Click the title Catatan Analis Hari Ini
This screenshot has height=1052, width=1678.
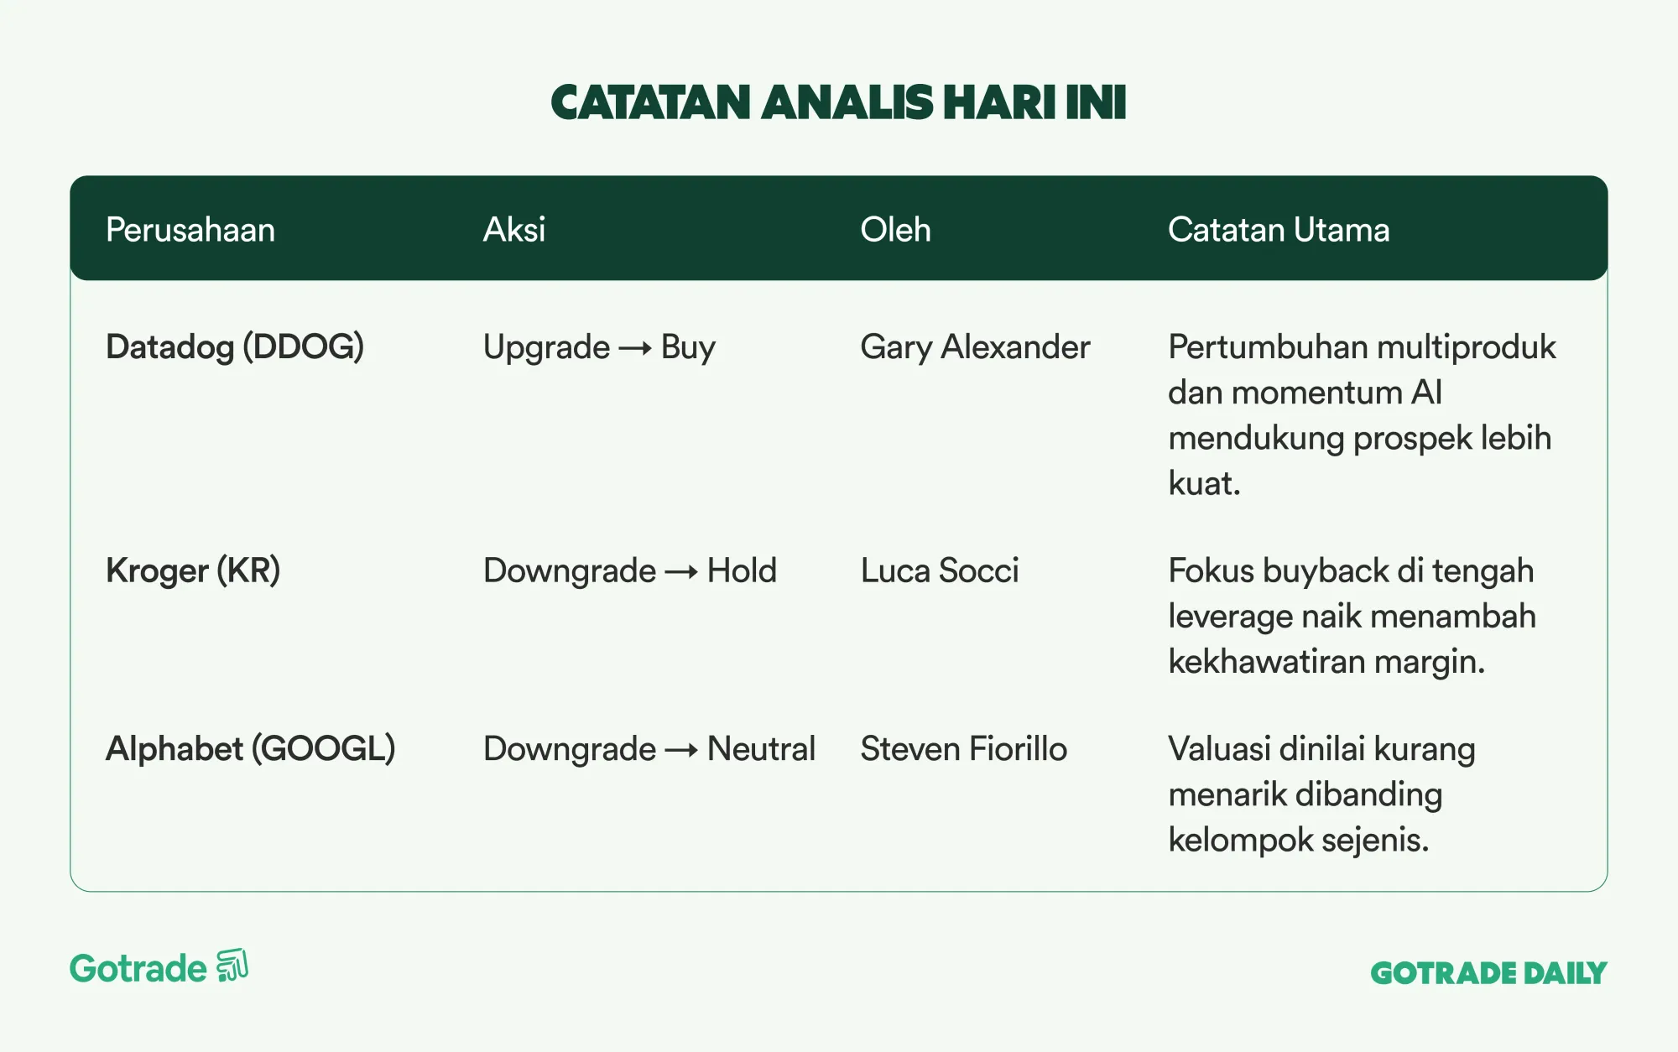[x=838, y=102]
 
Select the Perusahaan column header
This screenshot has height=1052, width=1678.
[x=190, y=230]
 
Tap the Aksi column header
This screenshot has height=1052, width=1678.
[x=514, y=230]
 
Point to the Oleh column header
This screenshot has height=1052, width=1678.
[x=895, y=230]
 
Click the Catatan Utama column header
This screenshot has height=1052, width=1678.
[x=1279, y=230]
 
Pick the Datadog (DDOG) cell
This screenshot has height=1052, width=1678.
[x=235, y=347]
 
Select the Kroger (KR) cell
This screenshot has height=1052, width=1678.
[x=193, y=571]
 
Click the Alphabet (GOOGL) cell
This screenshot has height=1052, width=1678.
[x=251, y=749]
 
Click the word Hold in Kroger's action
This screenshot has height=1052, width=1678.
[x=742, y=571]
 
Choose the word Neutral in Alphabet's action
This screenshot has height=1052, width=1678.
[x=761, y=749]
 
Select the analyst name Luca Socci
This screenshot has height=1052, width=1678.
[x=940, y=571]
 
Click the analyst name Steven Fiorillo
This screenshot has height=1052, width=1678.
[x=964, y=749]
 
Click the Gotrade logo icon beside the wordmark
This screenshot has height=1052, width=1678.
[x=232, y=966]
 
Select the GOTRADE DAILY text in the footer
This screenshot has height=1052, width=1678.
[x=1488, y=973]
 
